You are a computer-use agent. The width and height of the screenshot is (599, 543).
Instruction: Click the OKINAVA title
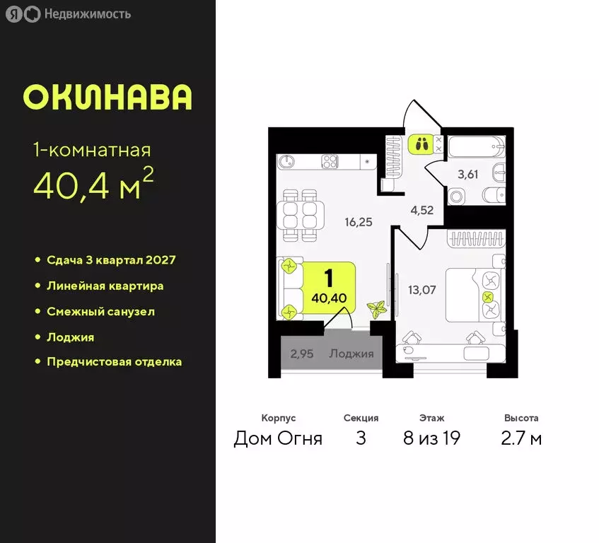107,97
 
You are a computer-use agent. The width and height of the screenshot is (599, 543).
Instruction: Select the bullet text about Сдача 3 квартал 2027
111,260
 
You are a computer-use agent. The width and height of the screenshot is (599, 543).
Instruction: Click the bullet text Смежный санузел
100,311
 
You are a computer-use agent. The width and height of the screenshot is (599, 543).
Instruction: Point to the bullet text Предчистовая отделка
114,362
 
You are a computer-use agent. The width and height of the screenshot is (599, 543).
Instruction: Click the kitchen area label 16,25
359,221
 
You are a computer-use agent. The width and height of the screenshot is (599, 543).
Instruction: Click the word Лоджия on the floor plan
351,354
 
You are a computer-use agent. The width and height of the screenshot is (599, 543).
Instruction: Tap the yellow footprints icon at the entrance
420,144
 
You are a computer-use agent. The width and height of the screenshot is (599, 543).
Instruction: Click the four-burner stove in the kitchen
330,161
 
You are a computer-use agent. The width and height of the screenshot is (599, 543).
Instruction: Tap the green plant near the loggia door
376,309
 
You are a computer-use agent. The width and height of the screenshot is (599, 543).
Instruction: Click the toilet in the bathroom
455,196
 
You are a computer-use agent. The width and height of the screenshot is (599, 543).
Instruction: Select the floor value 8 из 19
431,439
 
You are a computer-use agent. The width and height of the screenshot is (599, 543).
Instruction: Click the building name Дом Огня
278,439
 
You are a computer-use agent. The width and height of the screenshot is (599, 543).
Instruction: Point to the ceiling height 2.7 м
521,439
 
